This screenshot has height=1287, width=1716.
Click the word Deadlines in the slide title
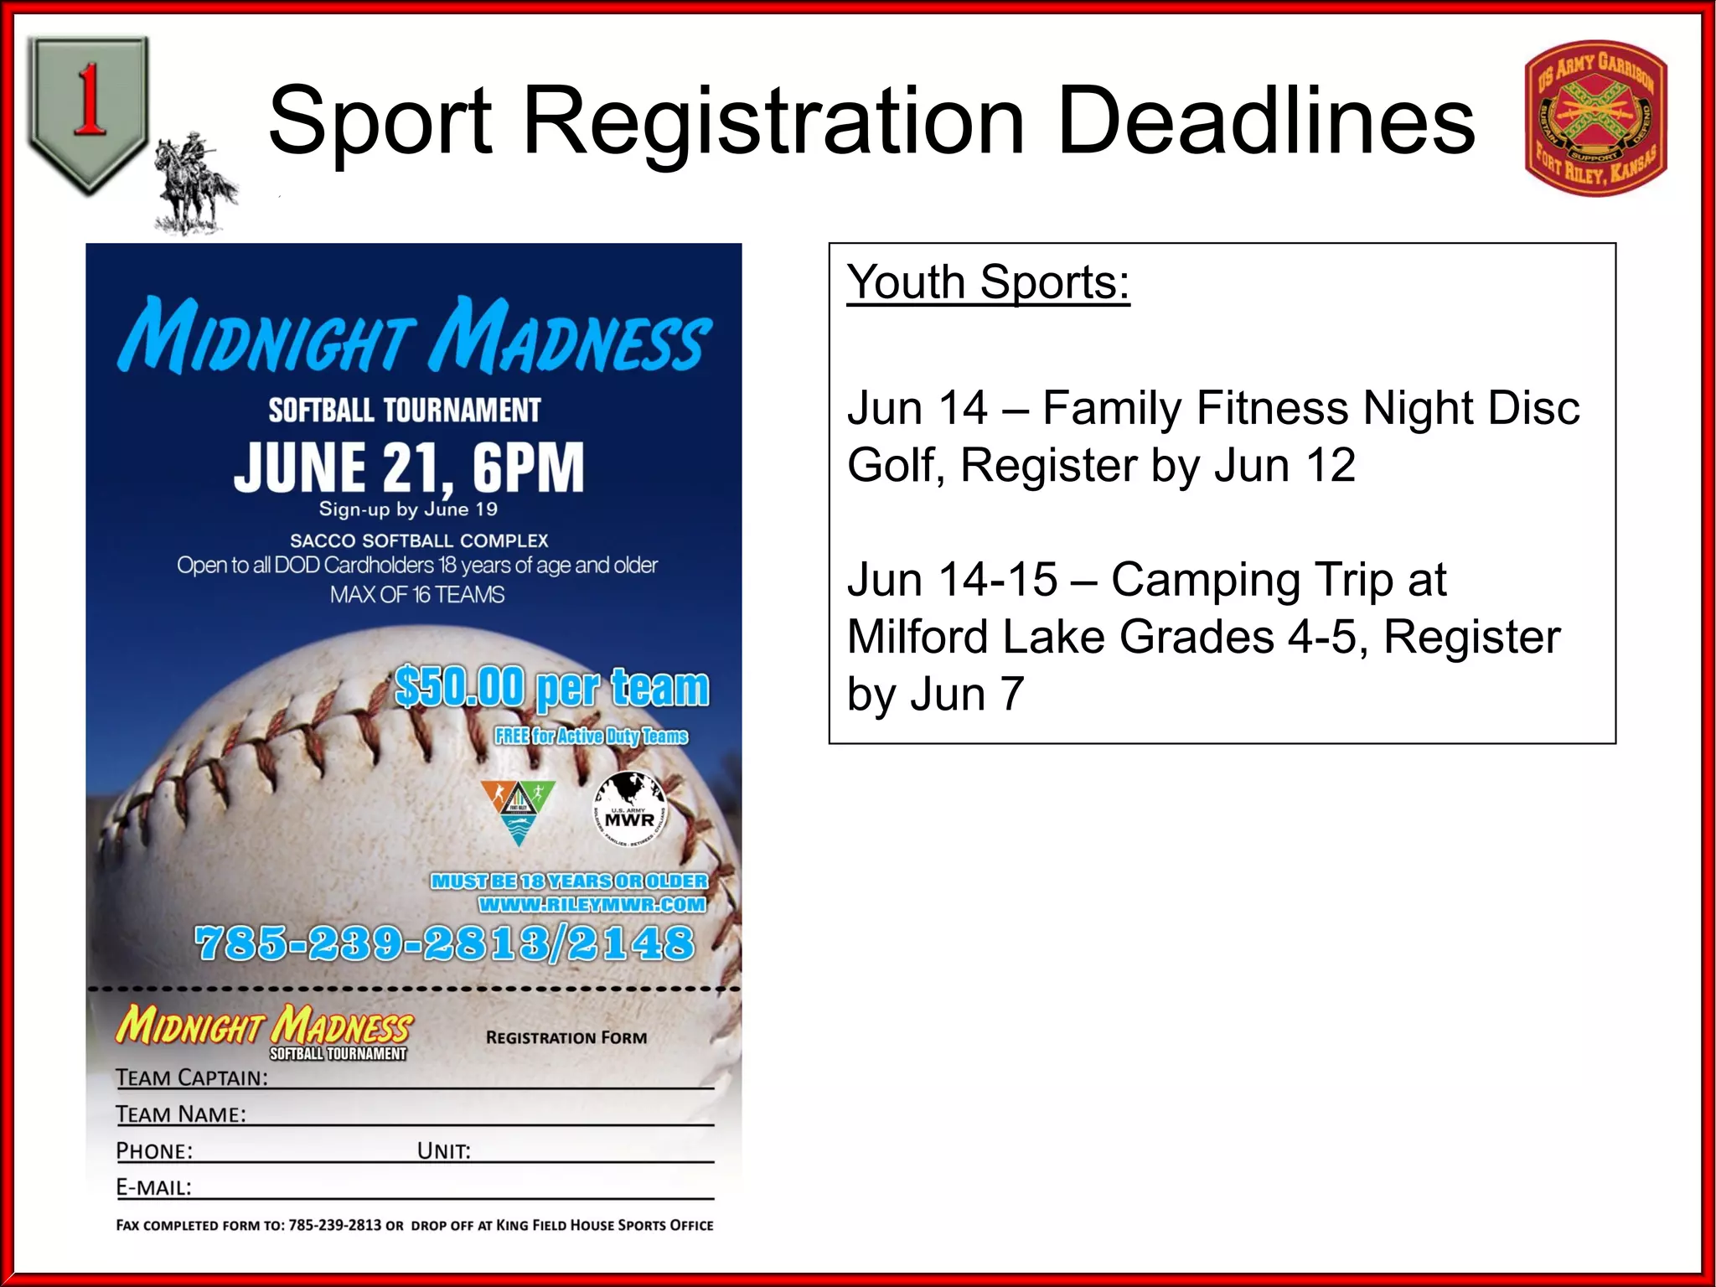1265,121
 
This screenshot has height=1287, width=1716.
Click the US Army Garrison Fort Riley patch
1596,118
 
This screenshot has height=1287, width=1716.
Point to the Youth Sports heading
988,282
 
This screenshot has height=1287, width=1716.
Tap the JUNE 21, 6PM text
409,468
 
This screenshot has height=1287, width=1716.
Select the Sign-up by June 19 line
408,509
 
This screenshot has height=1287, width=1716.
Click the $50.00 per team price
551,688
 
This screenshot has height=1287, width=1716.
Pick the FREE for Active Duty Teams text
591,737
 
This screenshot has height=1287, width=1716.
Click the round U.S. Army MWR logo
630,809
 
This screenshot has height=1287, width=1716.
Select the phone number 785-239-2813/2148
444,943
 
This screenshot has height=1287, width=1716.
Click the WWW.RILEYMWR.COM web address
592,905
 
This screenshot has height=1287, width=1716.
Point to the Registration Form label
566,1037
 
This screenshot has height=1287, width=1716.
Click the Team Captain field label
192,1078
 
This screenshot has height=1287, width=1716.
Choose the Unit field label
444,1151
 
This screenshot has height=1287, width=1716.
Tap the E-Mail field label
154,1187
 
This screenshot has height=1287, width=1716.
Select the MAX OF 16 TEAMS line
416,595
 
